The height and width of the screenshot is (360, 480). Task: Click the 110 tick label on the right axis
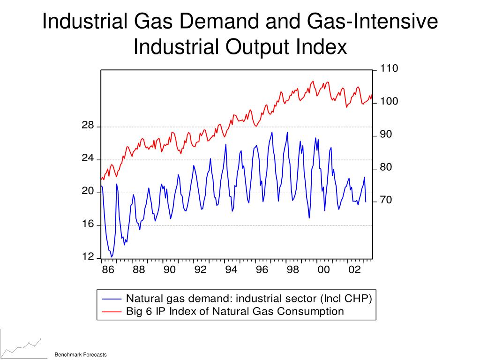(x=389, y=69)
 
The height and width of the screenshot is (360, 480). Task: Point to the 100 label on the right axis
(x=389, y=102)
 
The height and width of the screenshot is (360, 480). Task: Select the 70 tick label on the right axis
(x=385, y=200)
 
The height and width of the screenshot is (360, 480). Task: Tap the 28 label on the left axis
(x=88, y=125)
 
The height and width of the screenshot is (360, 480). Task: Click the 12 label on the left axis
(x=88, y=256)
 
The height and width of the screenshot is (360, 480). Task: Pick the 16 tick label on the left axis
(x=88, y=224)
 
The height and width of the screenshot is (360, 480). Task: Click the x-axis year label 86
(x=108, y=270)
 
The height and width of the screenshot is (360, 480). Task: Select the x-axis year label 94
(x=231, y=270)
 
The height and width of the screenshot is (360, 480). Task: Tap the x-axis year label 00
(x=323, y=270)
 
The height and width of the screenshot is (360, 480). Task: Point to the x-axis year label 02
(x=354, y=270)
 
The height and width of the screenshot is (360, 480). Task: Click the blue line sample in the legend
(x=112, y=299)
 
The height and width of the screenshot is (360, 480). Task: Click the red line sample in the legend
(x=112, y=311)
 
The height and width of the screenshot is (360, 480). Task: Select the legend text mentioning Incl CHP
(x=249, y=299)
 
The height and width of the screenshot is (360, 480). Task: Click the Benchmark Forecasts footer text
(x=81, y=355)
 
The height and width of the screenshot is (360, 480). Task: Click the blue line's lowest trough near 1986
(x=112, y=256)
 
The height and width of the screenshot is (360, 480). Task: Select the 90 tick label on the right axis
(x=385, y=135)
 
